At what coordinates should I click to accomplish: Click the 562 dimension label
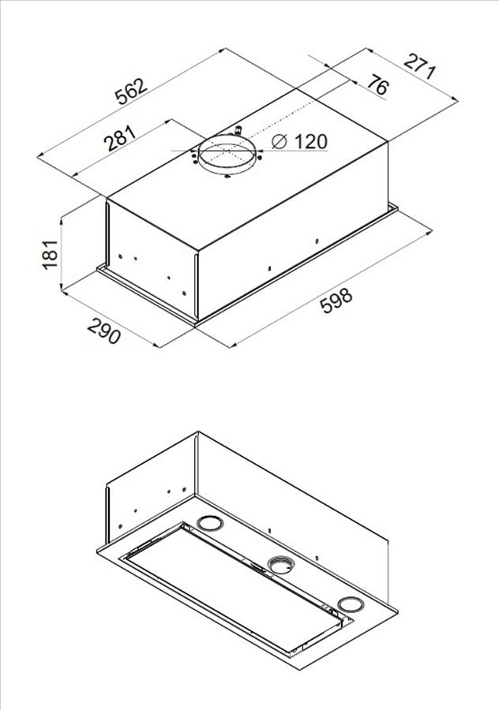pos(131,91)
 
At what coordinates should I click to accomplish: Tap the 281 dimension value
pos(120,138)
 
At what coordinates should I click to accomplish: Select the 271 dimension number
pos(420,66)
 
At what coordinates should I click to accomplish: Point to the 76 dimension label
pos(377,84)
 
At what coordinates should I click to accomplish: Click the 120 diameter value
pos(311,142)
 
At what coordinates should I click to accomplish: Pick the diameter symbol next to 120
pos(280,141)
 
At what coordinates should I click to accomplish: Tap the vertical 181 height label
pos(50,255)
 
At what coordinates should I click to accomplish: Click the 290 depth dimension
pos(103,331)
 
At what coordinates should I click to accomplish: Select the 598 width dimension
pos(336,301)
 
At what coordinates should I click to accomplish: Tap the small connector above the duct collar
pos(237,132)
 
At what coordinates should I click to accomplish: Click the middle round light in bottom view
pos(280,565)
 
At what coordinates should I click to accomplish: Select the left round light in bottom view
pos(210,524)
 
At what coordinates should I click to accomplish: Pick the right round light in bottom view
pos(350,605)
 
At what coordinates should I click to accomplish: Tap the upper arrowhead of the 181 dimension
pos(61,221)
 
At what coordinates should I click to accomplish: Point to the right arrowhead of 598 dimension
pos(428,232)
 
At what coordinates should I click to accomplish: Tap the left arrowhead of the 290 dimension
pos(66,293)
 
